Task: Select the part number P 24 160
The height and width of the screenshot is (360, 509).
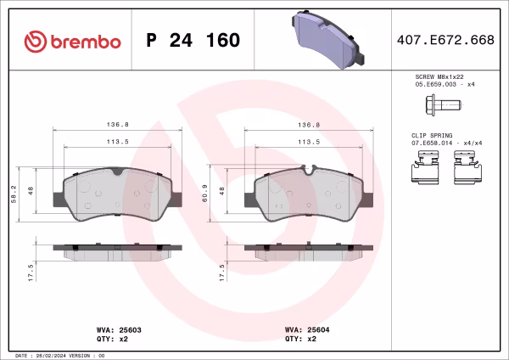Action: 193,41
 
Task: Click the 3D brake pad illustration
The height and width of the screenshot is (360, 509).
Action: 327,39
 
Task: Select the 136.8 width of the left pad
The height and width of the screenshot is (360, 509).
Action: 118,124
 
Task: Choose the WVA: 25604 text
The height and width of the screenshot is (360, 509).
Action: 300,329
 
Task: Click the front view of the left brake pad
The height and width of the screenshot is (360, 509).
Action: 118,196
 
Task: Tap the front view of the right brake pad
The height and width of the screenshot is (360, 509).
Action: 309,196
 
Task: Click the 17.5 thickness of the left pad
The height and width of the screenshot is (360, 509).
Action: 31,271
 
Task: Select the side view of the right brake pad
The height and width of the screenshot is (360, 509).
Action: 309,249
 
